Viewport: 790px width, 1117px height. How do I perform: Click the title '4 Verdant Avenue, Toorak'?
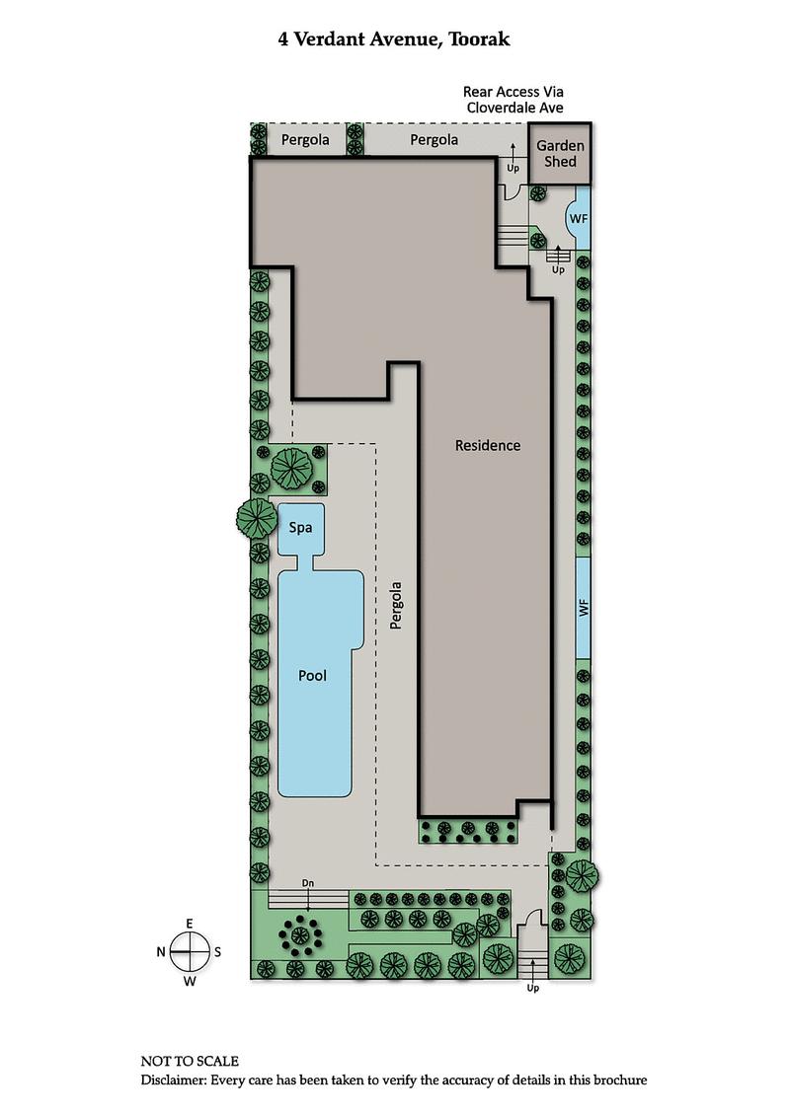[x=395, y=40]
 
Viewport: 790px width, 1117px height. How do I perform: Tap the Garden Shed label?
[x=560, y=153]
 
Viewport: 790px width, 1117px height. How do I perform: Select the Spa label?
[x=300, y=528]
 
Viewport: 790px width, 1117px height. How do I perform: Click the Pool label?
[x=312, y=676]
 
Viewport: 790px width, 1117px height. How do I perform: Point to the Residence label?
[x=487, y=445]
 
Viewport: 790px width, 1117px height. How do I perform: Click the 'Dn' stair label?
[x=308, y=882]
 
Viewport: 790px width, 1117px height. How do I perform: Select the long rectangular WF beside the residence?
[x=583, y=608]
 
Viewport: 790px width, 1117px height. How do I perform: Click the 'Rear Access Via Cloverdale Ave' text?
[x=513, y=98]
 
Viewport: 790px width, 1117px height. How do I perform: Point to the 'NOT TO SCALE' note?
[x=190, y=1062]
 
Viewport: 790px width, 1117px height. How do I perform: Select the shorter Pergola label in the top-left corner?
[x=305, y=140]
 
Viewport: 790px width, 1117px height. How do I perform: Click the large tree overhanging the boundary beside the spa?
[x=256, y=516]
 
